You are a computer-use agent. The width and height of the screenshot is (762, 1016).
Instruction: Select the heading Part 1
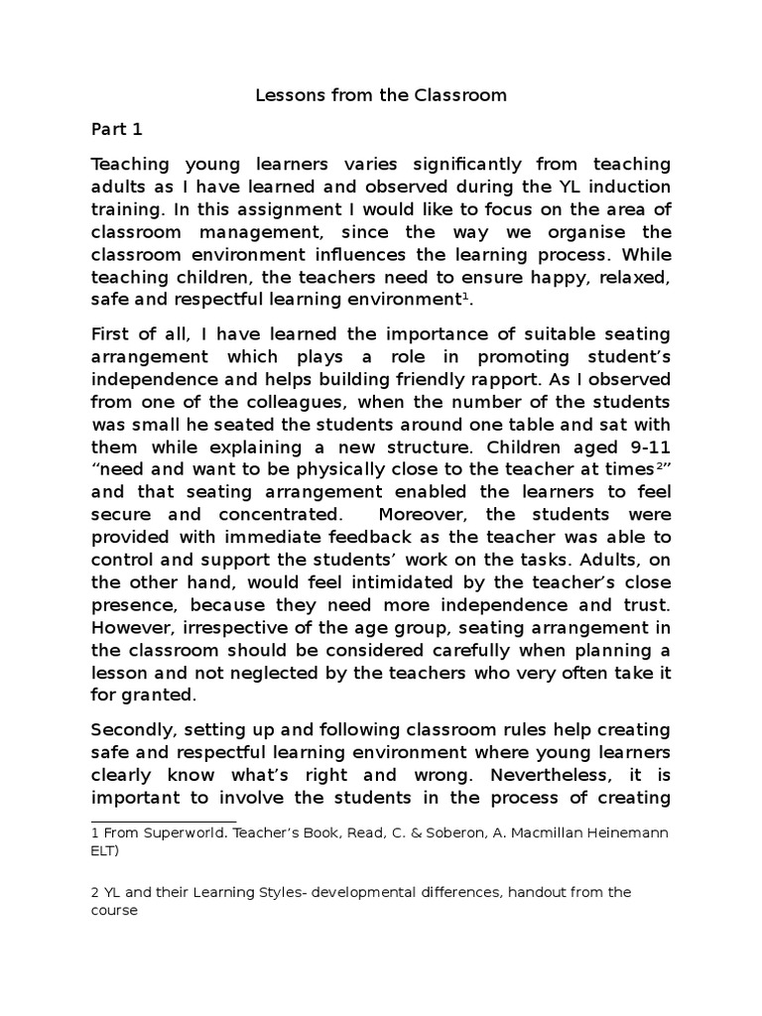[x=117, y=129]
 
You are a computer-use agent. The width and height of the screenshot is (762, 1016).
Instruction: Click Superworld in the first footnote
[x=174, y=833]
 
